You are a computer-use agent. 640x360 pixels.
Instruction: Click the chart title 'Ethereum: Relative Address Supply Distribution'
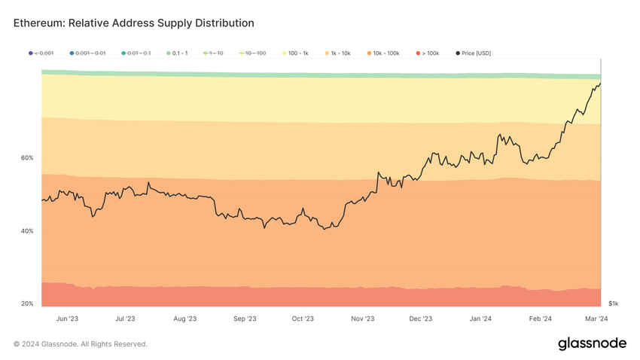click(x=134, y=23)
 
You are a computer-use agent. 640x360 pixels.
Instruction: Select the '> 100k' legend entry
click(x=427, y=53)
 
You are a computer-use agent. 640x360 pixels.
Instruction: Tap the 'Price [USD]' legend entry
click(x=473, y=53)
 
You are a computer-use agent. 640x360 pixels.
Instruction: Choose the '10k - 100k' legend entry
click(x=383, y=53)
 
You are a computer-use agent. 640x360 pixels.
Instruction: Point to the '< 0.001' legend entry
click(x=41, y=53)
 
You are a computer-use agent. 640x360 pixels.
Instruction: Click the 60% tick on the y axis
click(x=27, y=158)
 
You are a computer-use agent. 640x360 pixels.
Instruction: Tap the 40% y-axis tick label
click(x=27, y=231)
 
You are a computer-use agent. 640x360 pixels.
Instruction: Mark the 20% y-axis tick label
click(x=27, y=304)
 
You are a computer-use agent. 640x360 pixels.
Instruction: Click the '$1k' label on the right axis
click(x=613, y=304)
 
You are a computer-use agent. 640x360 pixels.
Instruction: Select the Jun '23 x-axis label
click(x=67, y=319)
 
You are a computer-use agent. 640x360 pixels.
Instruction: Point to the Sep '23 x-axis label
click(x=245, y=319)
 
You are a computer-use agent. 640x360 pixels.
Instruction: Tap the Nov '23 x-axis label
click(x=362, y=319)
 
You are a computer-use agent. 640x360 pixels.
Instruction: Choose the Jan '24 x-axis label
click(x=480, y=319)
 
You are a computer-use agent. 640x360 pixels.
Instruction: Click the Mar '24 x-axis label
click(x=598, y=319)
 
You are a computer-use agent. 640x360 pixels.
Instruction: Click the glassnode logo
click(x=592, y=343)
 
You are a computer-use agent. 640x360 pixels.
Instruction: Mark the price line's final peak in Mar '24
click(x=599, y=83)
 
